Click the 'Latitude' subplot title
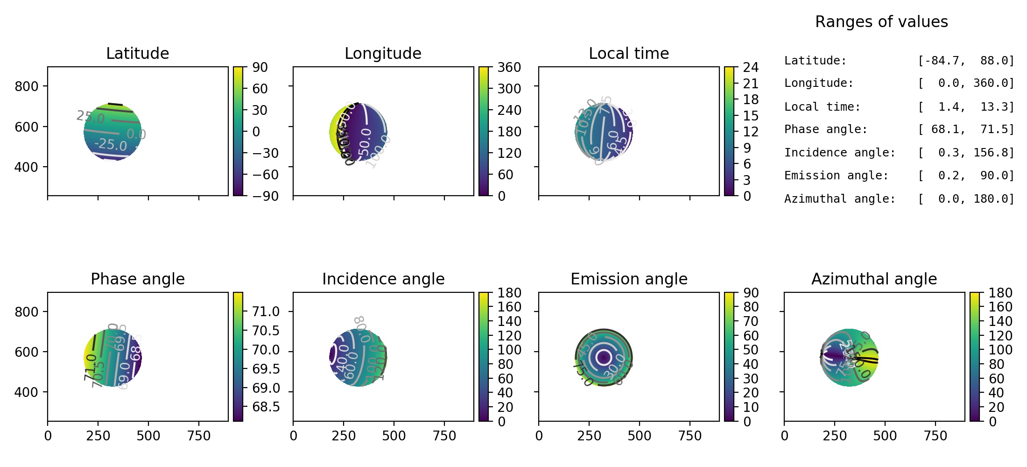(x=137, y=53)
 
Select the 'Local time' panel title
(x=628, y=53)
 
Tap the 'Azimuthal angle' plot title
(x=874, y=279)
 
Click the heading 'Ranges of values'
(x=881, y=22)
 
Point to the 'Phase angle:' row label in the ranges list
(x=825, y=129)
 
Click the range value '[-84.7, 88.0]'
(x=966, y=61)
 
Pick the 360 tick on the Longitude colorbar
(x=509, y=67)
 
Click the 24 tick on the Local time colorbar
(x=751, y=67)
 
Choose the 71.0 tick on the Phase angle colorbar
(x=266, y=311)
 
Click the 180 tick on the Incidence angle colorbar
(x=509, y=293)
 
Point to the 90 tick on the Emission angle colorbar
(x=751, y=293)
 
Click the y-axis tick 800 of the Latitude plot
(x=26, y=86)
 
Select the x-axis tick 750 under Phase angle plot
(x=199, y=436)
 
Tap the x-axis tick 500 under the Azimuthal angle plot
(x=885, y=436)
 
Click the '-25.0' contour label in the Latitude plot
(x=111, y=144)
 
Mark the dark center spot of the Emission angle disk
(x=604, y=358)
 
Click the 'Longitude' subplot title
(x=383, y=53)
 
